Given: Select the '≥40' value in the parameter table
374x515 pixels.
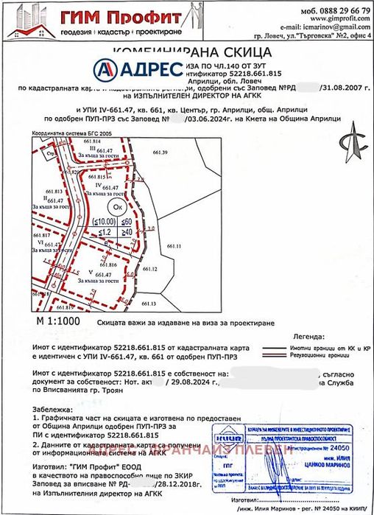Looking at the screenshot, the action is point(127,231).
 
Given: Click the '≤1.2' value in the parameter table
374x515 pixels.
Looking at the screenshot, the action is point(105,231).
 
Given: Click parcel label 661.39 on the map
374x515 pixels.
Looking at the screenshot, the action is point(160,153).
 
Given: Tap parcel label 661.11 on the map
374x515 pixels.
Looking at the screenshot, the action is point(174,245).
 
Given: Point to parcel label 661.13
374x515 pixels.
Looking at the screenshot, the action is point(149,303).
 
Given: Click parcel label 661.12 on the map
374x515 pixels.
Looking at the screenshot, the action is point(150,270).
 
